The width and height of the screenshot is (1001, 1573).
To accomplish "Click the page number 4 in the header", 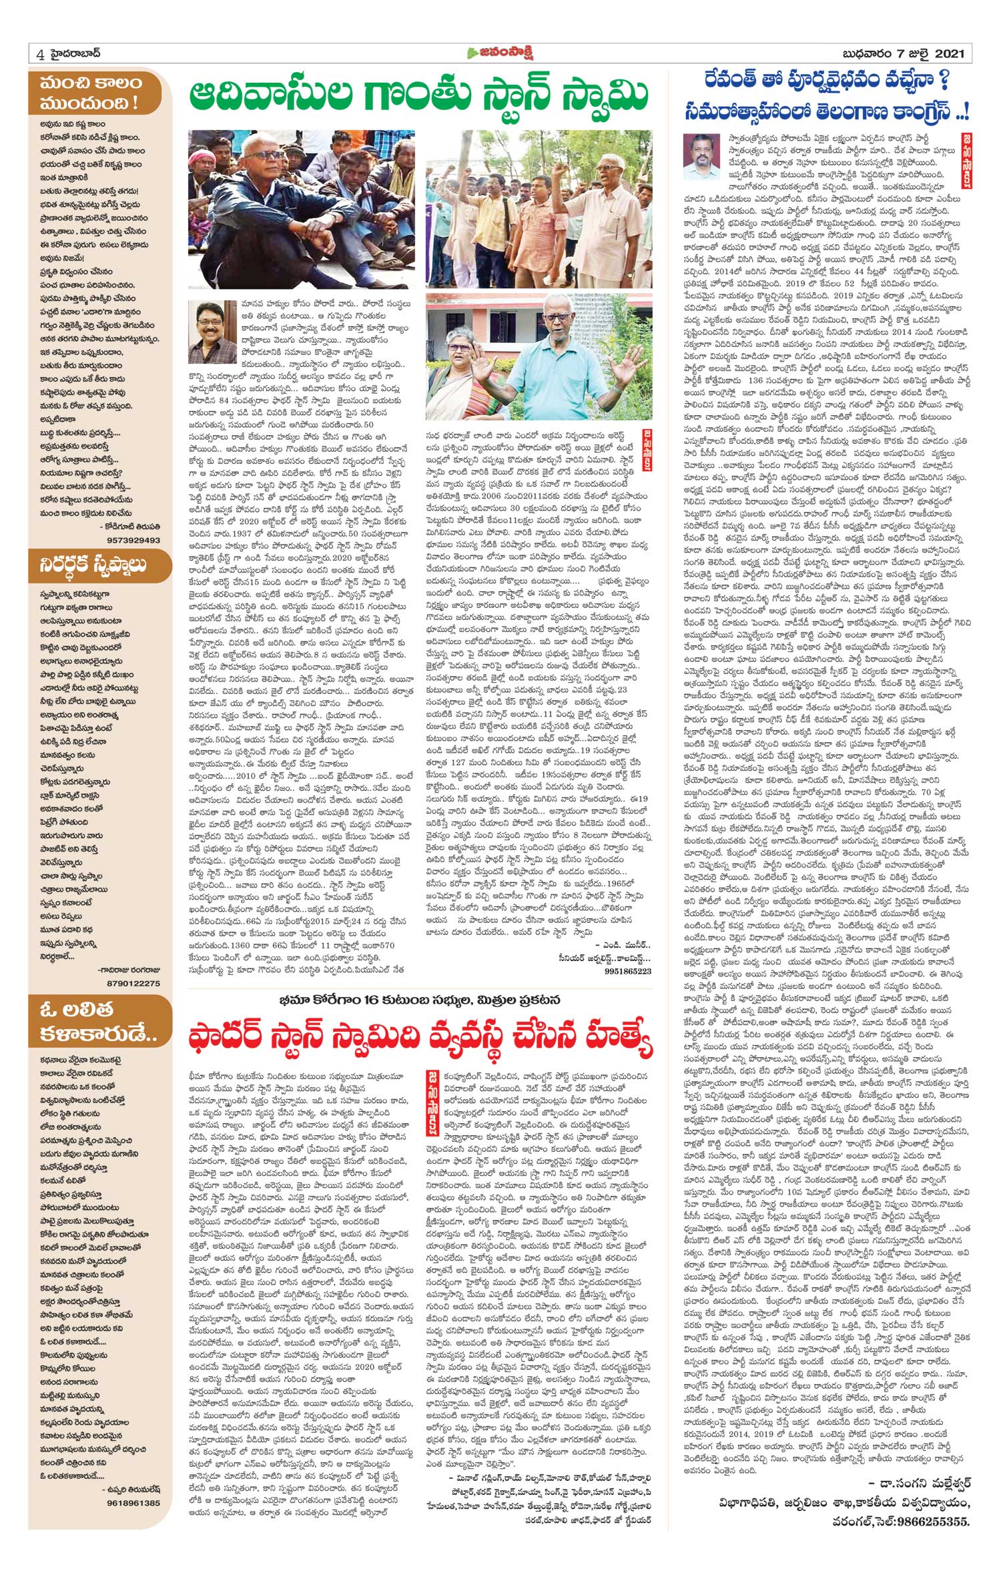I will point(41,55).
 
